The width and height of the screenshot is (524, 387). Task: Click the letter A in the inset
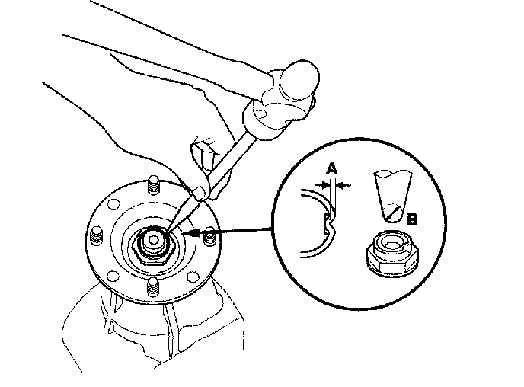331,170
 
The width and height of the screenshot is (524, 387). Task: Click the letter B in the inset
412,220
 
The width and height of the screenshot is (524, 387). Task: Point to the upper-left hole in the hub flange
114,205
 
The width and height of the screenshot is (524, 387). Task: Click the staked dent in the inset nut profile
327,222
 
